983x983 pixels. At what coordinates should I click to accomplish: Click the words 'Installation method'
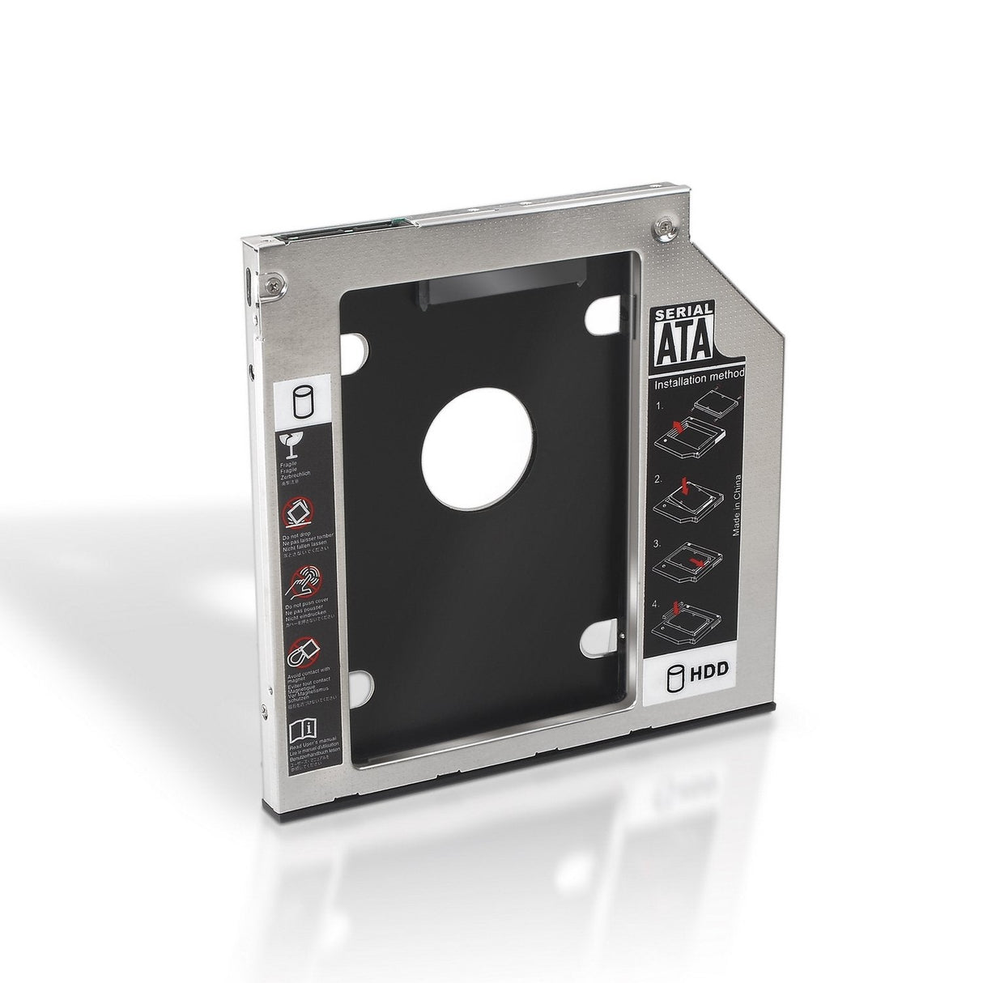click(x=700, y=375)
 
